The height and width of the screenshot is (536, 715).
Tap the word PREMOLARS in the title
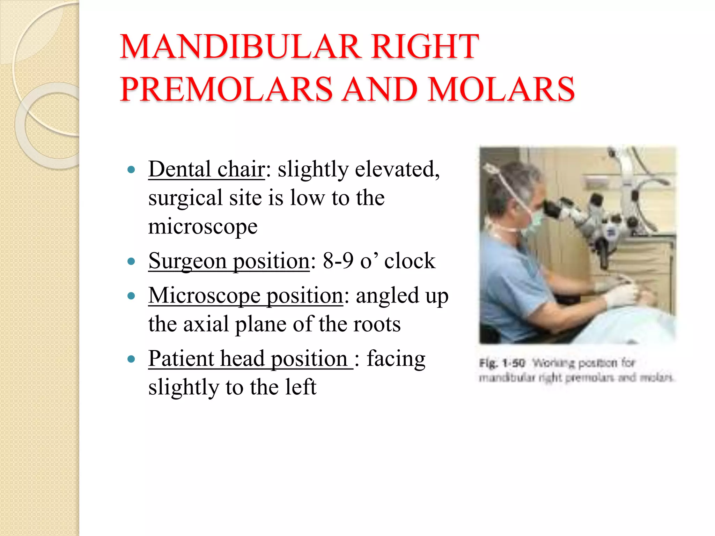pos(226,89)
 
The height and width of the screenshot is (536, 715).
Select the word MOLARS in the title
pos(501,89)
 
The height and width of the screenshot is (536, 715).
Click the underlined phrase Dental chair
pos(206,170)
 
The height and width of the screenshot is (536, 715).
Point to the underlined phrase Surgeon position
pos(229,261)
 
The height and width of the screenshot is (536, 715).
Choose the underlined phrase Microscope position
pos(246,296)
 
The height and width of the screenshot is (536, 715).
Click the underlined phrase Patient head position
pos(250,359)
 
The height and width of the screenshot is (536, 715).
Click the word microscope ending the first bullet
pos(203,227)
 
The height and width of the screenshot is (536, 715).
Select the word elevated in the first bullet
pos(397,170)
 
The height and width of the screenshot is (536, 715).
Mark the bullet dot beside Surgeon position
pos(131,261)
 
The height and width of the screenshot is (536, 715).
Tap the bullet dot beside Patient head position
pos(131,359)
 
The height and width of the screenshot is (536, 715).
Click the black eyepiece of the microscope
pos(552,209)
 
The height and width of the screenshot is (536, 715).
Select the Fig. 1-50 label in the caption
pos(502,363)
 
